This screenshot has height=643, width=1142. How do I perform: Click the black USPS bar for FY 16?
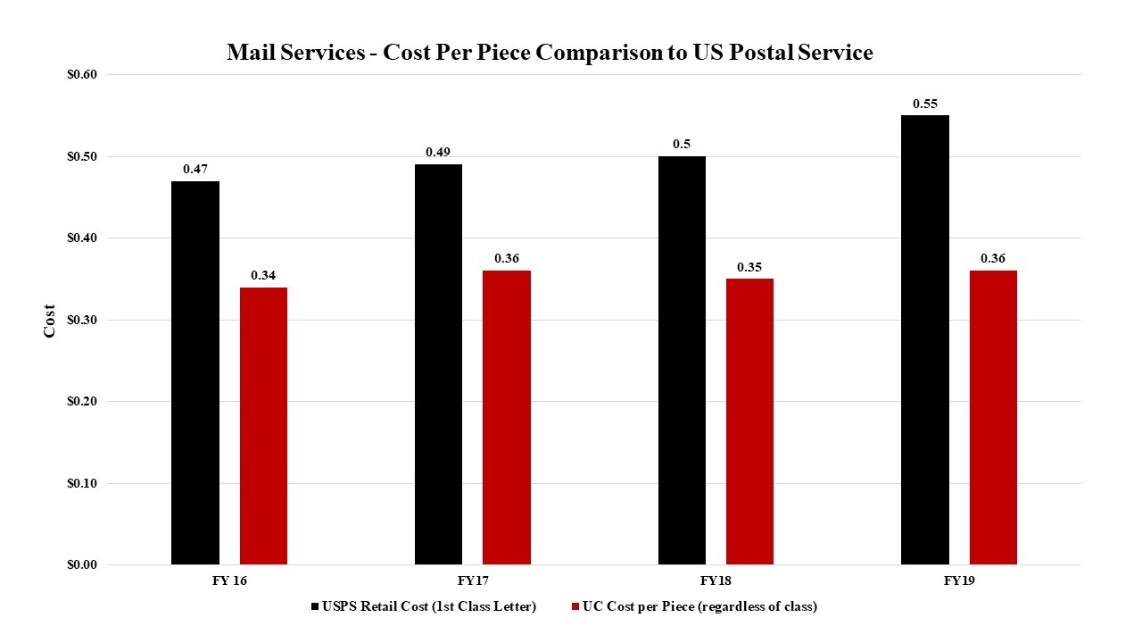tap(194, 373)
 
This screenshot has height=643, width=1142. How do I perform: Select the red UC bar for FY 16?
tap(263, 426)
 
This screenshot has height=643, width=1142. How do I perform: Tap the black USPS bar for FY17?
tap(438, 364)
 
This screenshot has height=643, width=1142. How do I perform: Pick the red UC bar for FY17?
tap(506, 417)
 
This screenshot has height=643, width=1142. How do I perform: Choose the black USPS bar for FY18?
tap(682, 361)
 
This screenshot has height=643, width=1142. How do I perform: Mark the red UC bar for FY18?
tap(749, 422)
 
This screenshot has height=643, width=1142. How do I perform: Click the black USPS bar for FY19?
tap(925, 340)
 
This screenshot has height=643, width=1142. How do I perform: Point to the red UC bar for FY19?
tap(993, 417)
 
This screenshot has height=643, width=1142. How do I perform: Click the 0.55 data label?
tap(925, 104)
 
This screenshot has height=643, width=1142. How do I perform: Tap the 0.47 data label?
tap(195, 169)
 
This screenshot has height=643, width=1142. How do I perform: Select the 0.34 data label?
tap(263, 275)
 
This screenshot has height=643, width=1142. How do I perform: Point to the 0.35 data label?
tap(749, 267)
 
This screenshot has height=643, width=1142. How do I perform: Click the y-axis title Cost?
tap(50, 321)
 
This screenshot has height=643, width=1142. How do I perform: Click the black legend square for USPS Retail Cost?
tap(315, 607)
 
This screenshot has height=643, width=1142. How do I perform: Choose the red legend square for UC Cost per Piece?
tap(575, 607)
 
